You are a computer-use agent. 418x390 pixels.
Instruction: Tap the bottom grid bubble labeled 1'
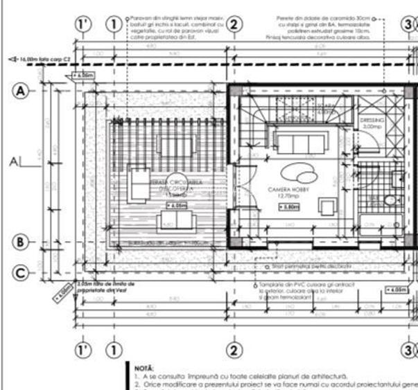point(84,349)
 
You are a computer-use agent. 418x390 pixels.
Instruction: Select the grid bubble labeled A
point(21,91)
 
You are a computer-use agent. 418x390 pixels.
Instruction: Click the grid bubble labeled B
point(21,242)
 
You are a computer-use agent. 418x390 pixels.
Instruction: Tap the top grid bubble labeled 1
point(113,24)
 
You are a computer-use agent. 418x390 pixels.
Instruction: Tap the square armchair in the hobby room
point(326,206)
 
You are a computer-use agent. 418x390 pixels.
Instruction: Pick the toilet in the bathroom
point(390,200)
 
